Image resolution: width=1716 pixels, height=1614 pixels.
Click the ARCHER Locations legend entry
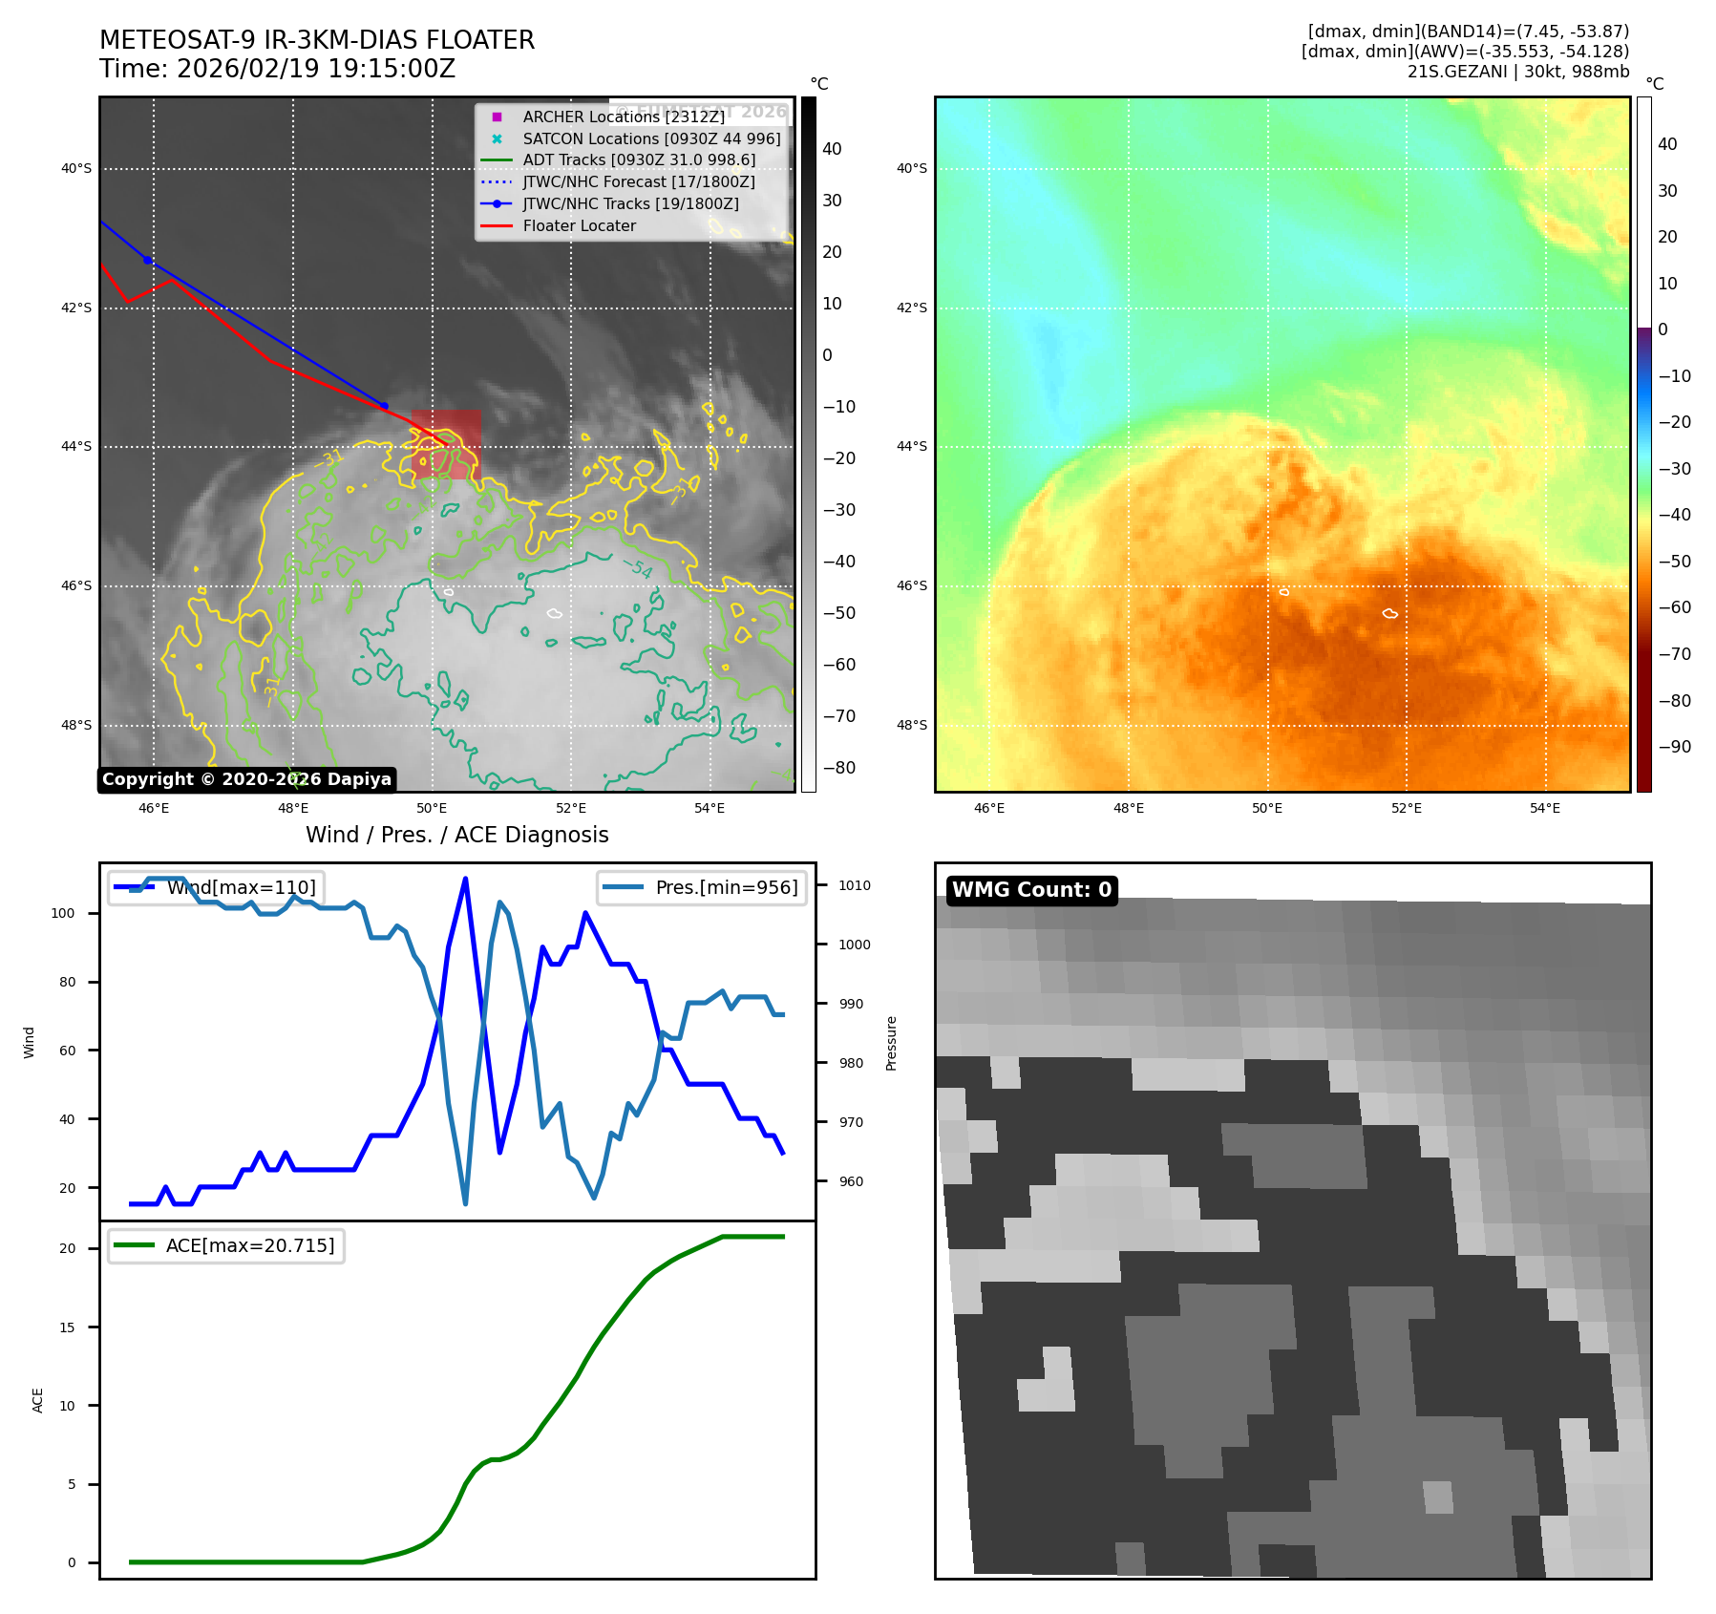point(624,117)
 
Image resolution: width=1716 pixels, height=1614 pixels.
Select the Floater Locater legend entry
point(579,225)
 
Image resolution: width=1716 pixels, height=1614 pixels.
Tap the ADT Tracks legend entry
point(638,159)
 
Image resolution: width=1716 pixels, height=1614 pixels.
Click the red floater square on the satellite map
point(446,444)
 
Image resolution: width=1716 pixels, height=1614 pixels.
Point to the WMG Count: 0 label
point(1031,889)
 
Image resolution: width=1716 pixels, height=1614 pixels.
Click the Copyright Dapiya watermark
point(246,779)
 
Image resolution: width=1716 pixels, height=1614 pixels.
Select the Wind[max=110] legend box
point(217,887)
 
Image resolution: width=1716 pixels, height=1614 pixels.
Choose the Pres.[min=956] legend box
point(702,887)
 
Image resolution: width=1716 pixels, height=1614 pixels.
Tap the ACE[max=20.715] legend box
point(226,1245)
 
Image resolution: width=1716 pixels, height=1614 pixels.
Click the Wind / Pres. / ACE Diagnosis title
point(456,835)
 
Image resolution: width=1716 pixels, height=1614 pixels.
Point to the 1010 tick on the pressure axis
point(854,885)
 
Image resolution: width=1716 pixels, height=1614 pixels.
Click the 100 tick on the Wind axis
point(63,913)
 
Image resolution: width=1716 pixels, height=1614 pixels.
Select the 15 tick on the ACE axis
point(67,1327)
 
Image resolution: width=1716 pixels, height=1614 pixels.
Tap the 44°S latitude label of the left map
point(76,446)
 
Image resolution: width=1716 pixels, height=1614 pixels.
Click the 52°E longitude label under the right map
point(1406,808)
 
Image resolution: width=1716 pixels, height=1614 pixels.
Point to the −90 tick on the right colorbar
point(1674,747)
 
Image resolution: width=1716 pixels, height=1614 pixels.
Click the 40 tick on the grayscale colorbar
point(832,149)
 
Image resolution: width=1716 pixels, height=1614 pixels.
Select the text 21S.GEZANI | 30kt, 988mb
point(1517,72)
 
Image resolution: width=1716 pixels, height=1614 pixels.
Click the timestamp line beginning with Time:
point(277,69)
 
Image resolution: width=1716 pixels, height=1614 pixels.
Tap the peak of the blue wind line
point(465,879)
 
